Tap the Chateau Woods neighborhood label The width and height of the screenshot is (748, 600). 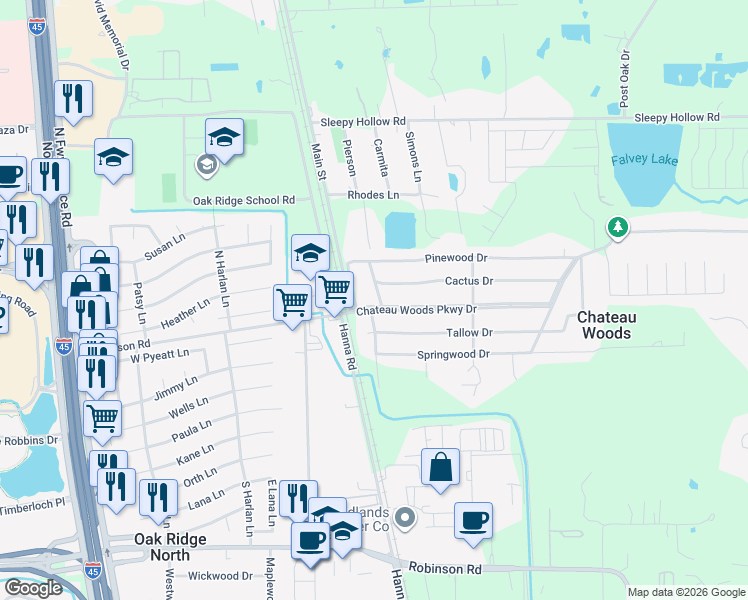click(605, 325)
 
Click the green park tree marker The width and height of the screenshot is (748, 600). click(619, 229)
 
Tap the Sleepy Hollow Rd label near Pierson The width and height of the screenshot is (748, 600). click(363, 121)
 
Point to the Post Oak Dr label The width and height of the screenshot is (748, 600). click(624, 79)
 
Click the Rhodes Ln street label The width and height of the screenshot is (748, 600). click(373, 195)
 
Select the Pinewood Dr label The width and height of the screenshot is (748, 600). click(455, 257)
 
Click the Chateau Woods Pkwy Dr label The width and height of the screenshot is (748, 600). click(416, 310)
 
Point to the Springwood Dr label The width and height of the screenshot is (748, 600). click(452, 354)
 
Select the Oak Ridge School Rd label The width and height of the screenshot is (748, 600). click(244, 201)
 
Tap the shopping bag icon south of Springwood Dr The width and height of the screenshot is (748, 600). click(441, 468)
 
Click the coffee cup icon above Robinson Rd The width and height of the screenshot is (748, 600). click(473, 522)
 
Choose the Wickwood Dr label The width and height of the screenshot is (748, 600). click(220, 576)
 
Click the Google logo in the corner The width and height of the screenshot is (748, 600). click(33, 588)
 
